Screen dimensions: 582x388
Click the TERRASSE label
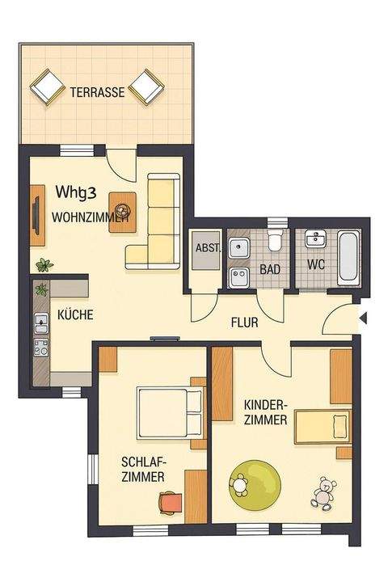coord(97,92)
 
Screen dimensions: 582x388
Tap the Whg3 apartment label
coord(77,192)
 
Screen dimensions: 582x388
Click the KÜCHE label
coord(75,315)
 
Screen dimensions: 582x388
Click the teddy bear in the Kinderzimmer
coord(325,492)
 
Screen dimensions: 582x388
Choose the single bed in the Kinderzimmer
coord(322,428)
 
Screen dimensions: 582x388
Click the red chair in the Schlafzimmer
coord(170,503)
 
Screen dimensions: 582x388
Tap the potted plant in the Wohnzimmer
coord(44,264)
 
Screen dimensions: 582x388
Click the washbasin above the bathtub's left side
coord(313,239)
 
